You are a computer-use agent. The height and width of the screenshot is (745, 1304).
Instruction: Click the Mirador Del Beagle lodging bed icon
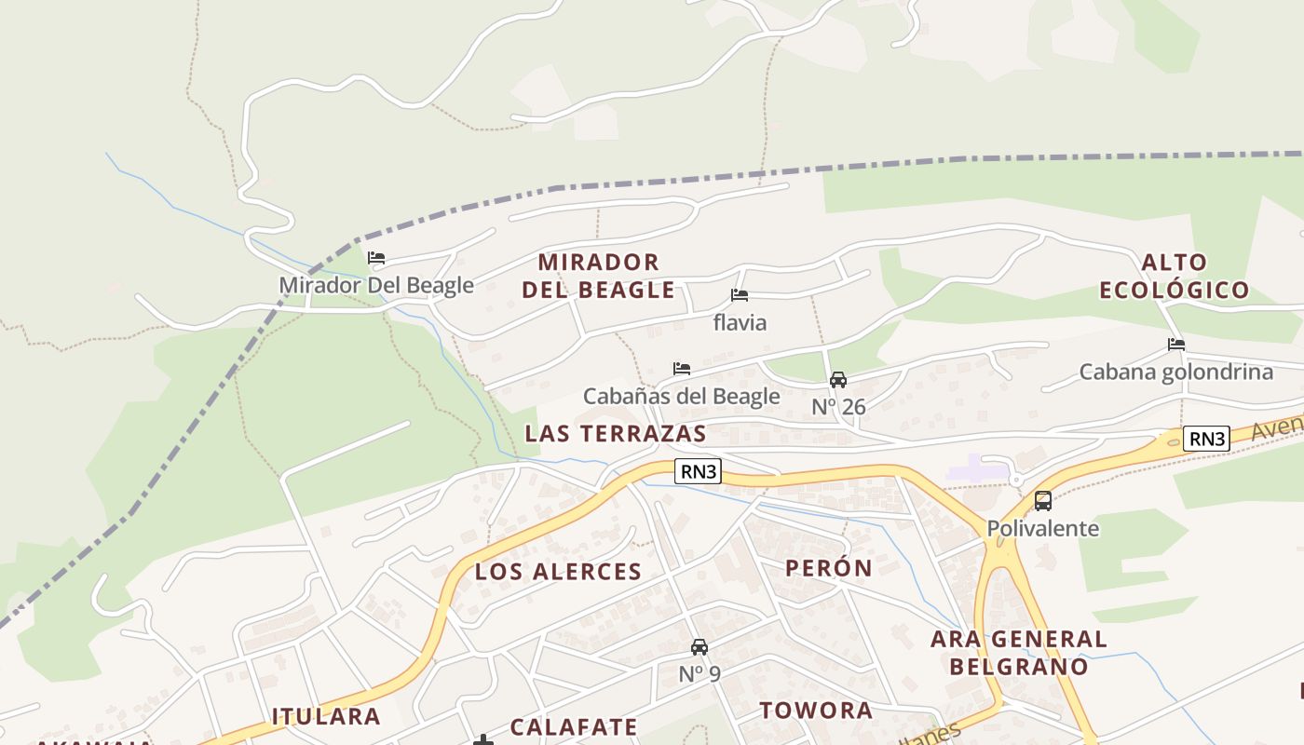click(x=376, y=258)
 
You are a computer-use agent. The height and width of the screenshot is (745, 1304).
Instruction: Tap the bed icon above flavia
click(x=740, y=295)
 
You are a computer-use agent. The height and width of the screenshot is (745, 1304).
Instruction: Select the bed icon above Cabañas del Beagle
click(x=682, y=369)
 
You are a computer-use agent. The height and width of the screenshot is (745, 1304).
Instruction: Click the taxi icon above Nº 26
click(x=838, y=379)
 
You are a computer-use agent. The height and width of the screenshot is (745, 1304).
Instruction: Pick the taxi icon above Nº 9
click(x=700, y=646)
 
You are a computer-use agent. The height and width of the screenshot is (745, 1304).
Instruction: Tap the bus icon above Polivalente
click(x=1043, y=501)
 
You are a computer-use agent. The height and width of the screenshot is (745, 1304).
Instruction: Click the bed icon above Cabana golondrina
click(x=1176, y=345)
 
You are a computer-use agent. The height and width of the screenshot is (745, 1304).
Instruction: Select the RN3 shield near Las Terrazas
click(x=699, y=471)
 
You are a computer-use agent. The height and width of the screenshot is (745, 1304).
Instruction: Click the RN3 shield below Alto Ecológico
click(x=1206, y=439)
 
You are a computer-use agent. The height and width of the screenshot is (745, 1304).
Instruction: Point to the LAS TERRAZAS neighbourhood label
click(x=616, y=433)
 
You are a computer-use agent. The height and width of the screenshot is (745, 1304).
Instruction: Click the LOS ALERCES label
click(x=559, y=572)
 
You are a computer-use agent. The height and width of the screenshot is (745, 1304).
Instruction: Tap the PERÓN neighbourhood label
click(x=829, y=568)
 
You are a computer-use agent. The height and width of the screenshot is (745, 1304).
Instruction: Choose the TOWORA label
click(x=816, y=711)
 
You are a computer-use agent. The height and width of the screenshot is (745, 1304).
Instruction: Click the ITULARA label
click(x=326, y=716)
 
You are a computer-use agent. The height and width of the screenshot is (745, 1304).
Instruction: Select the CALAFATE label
click(x=574, y=727)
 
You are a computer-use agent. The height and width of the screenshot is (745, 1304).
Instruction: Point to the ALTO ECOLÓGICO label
click(x=1174, y=276)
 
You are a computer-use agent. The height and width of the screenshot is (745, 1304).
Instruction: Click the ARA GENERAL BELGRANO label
click(x=1019, y=653)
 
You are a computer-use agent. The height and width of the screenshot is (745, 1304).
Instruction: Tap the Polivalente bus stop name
click(x=1043, y=529)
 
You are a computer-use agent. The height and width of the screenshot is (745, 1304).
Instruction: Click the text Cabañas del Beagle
click(x=682, y=396)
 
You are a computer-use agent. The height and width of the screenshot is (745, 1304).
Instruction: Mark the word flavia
click(x=740, y=322)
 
